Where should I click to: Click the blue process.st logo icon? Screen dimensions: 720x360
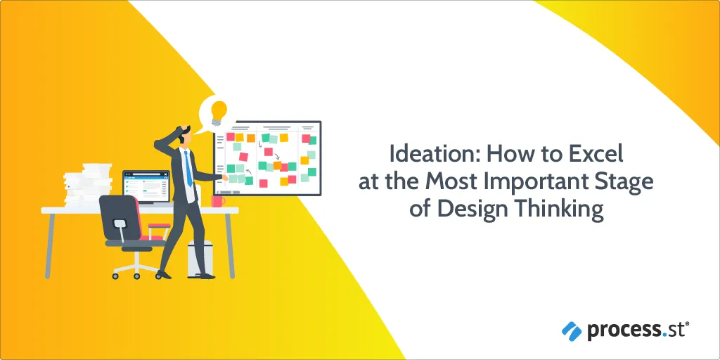coord(572,331)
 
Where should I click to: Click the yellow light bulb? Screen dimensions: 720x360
coord(219,113)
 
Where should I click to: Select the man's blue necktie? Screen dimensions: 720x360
coord(188,169)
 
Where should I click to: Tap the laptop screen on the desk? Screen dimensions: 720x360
coord(146,187)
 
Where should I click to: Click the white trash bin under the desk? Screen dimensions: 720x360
coord(200,259)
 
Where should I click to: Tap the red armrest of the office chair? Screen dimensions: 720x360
coord(159,225)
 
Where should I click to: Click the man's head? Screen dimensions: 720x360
coord(185,134)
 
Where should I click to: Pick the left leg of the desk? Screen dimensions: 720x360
coord(49,245)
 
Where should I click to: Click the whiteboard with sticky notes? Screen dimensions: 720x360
coord(267,158)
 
